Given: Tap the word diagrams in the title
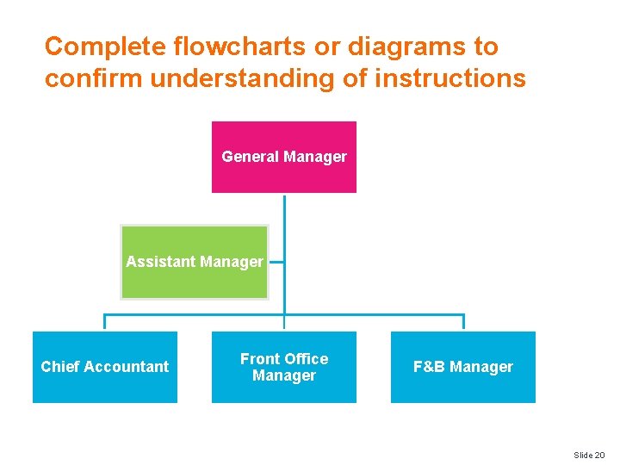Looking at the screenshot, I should (402, 46).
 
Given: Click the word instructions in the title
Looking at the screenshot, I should (449, 79).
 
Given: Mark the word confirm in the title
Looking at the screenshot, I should (93, 79).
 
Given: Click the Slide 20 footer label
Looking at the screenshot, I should (589, 454).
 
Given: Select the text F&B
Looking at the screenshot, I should (429, 367).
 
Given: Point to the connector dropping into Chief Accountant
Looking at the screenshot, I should (105, 322).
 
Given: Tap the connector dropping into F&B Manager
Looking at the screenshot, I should (463, 322).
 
